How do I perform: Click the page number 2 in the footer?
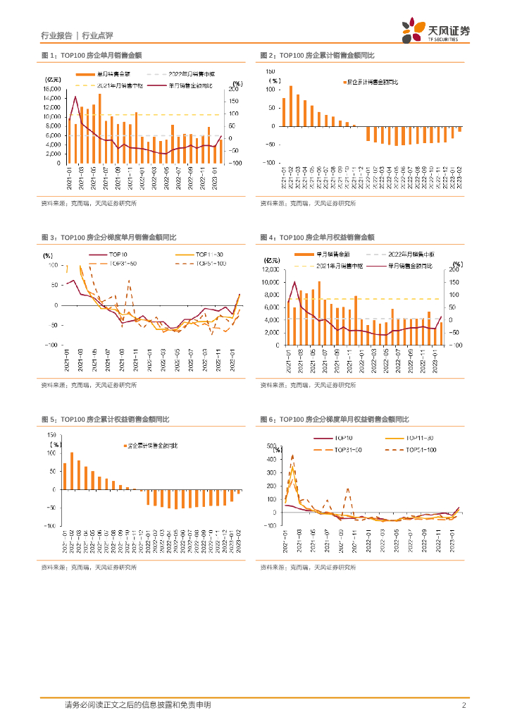464,705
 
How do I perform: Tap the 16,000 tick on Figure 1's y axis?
51,90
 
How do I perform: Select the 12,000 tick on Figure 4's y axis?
270,269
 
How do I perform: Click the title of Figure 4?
317,238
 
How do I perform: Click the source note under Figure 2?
308,203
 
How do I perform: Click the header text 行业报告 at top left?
56,35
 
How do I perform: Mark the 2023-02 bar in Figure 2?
460,129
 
